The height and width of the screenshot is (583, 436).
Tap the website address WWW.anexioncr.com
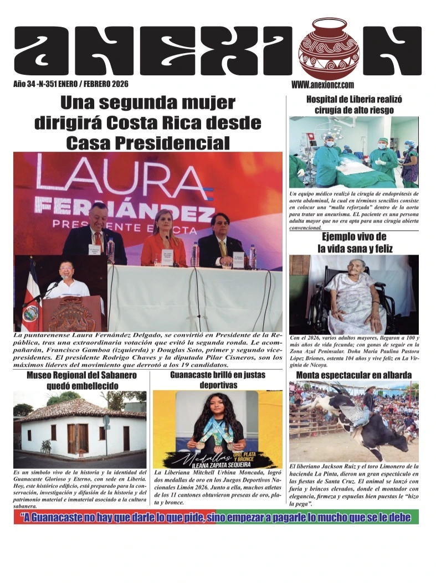click(x=322, y=85)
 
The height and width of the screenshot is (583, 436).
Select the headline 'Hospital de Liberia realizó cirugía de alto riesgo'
click(x=354, y=105)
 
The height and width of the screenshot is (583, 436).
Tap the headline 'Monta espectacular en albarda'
click(x=353, y=375)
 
